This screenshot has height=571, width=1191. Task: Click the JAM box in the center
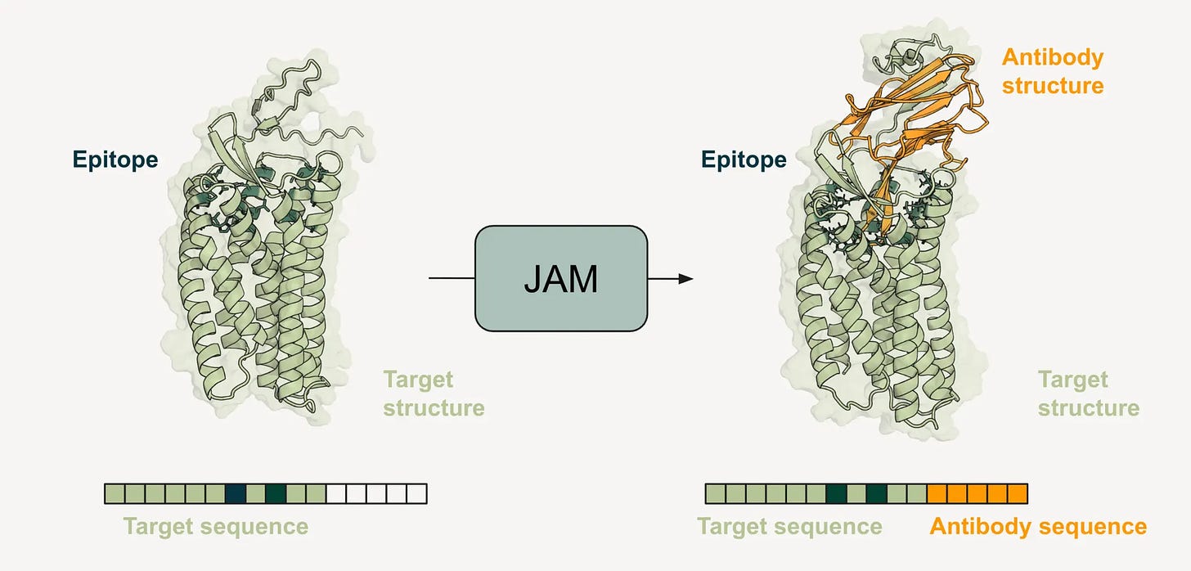[x=561, y=279]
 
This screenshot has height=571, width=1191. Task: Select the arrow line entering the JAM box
[x=452, y=279]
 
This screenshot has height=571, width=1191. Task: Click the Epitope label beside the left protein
[x=115, y=160]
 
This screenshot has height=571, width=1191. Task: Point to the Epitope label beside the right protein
[x=744, y=160]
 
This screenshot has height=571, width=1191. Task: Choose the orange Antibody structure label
[x=1053, y=72]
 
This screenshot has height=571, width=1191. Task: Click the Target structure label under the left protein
[x=434, y=393]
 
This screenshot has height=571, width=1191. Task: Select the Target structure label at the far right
[x=1088, y=393]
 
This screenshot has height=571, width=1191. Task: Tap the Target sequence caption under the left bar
[x=216, y=526]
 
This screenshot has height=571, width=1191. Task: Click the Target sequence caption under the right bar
[x=789, y=526]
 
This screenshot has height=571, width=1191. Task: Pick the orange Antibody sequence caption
[x=1038, y=526]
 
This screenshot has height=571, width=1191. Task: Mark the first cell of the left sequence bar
[x=115, y=493]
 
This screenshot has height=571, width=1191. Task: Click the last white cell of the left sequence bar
[x=416, y=493]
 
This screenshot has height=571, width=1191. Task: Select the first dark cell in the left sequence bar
[x=235, y=493]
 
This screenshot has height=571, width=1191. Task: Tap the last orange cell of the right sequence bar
[x=1017, y=493]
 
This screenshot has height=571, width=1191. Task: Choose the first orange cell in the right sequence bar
[x=937, y=493]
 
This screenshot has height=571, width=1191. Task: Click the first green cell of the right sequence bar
[x=716, y=493]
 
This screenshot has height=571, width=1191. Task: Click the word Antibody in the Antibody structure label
[x=1053, y=58]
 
